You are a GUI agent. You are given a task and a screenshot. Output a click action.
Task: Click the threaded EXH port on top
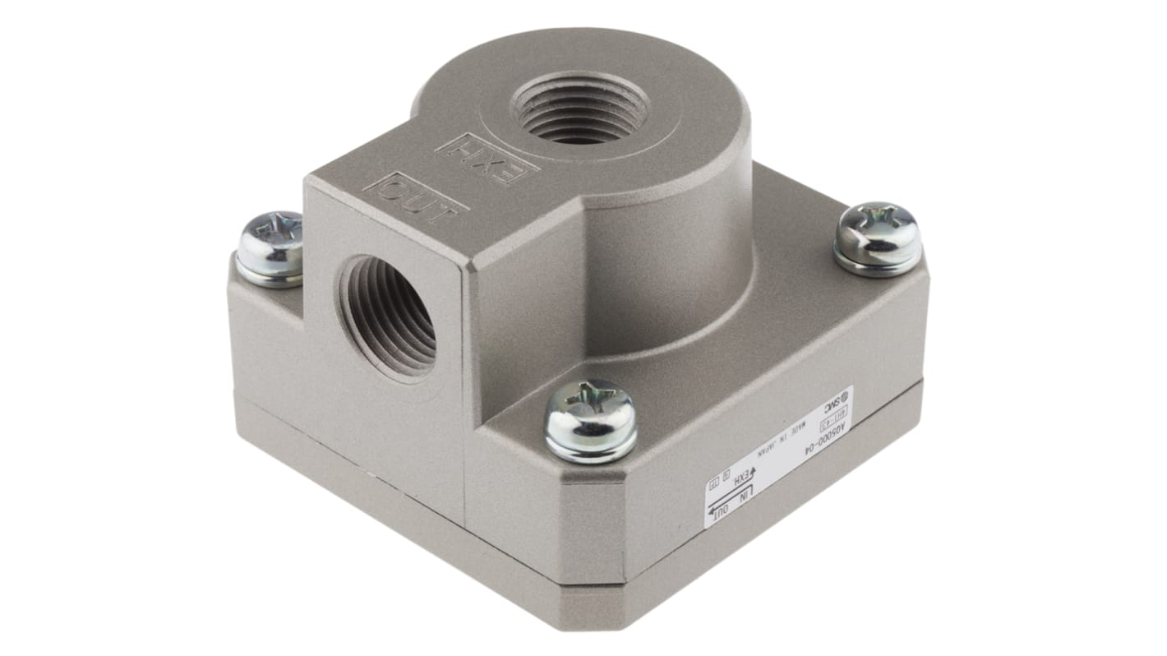point(580,109)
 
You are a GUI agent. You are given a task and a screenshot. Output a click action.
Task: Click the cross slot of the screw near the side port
point(270,233)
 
